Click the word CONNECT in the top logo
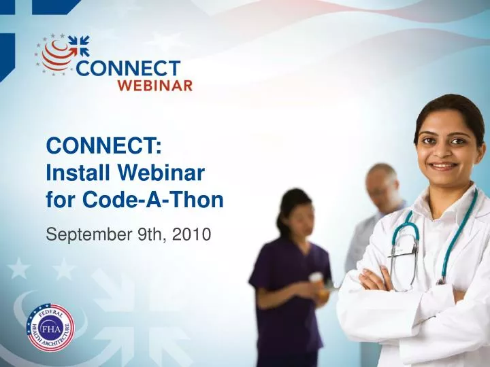pyautogui.click(x=129, y=69)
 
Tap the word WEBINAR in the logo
pyautogui.click(x=156, y=85)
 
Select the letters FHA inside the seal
pyautogui.click(x=50, y=329)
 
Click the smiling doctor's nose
pyautogui.click(x=442, y=152)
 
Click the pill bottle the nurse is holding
pyautogui.click(x=316, y=279)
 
